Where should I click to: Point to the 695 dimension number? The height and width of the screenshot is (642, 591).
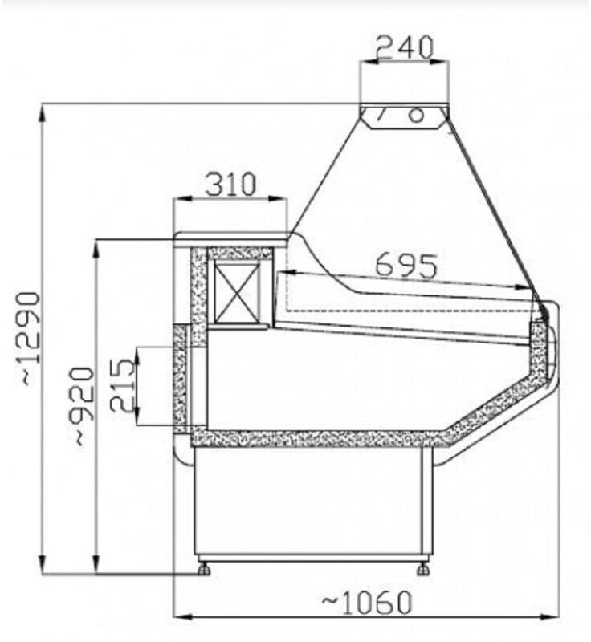406,266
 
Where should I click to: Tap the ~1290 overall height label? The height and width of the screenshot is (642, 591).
30,338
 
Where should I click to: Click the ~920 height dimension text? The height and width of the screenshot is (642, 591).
83,405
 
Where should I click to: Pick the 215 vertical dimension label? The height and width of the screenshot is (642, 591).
122,386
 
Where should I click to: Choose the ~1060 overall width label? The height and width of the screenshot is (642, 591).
367,600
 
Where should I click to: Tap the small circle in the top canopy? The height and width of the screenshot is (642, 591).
416,115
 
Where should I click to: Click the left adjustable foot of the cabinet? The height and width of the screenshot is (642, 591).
204,569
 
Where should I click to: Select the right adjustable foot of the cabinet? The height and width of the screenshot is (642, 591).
423,569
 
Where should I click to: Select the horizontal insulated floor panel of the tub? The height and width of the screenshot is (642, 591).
313,438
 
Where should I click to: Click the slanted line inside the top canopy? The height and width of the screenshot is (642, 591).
383,115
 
